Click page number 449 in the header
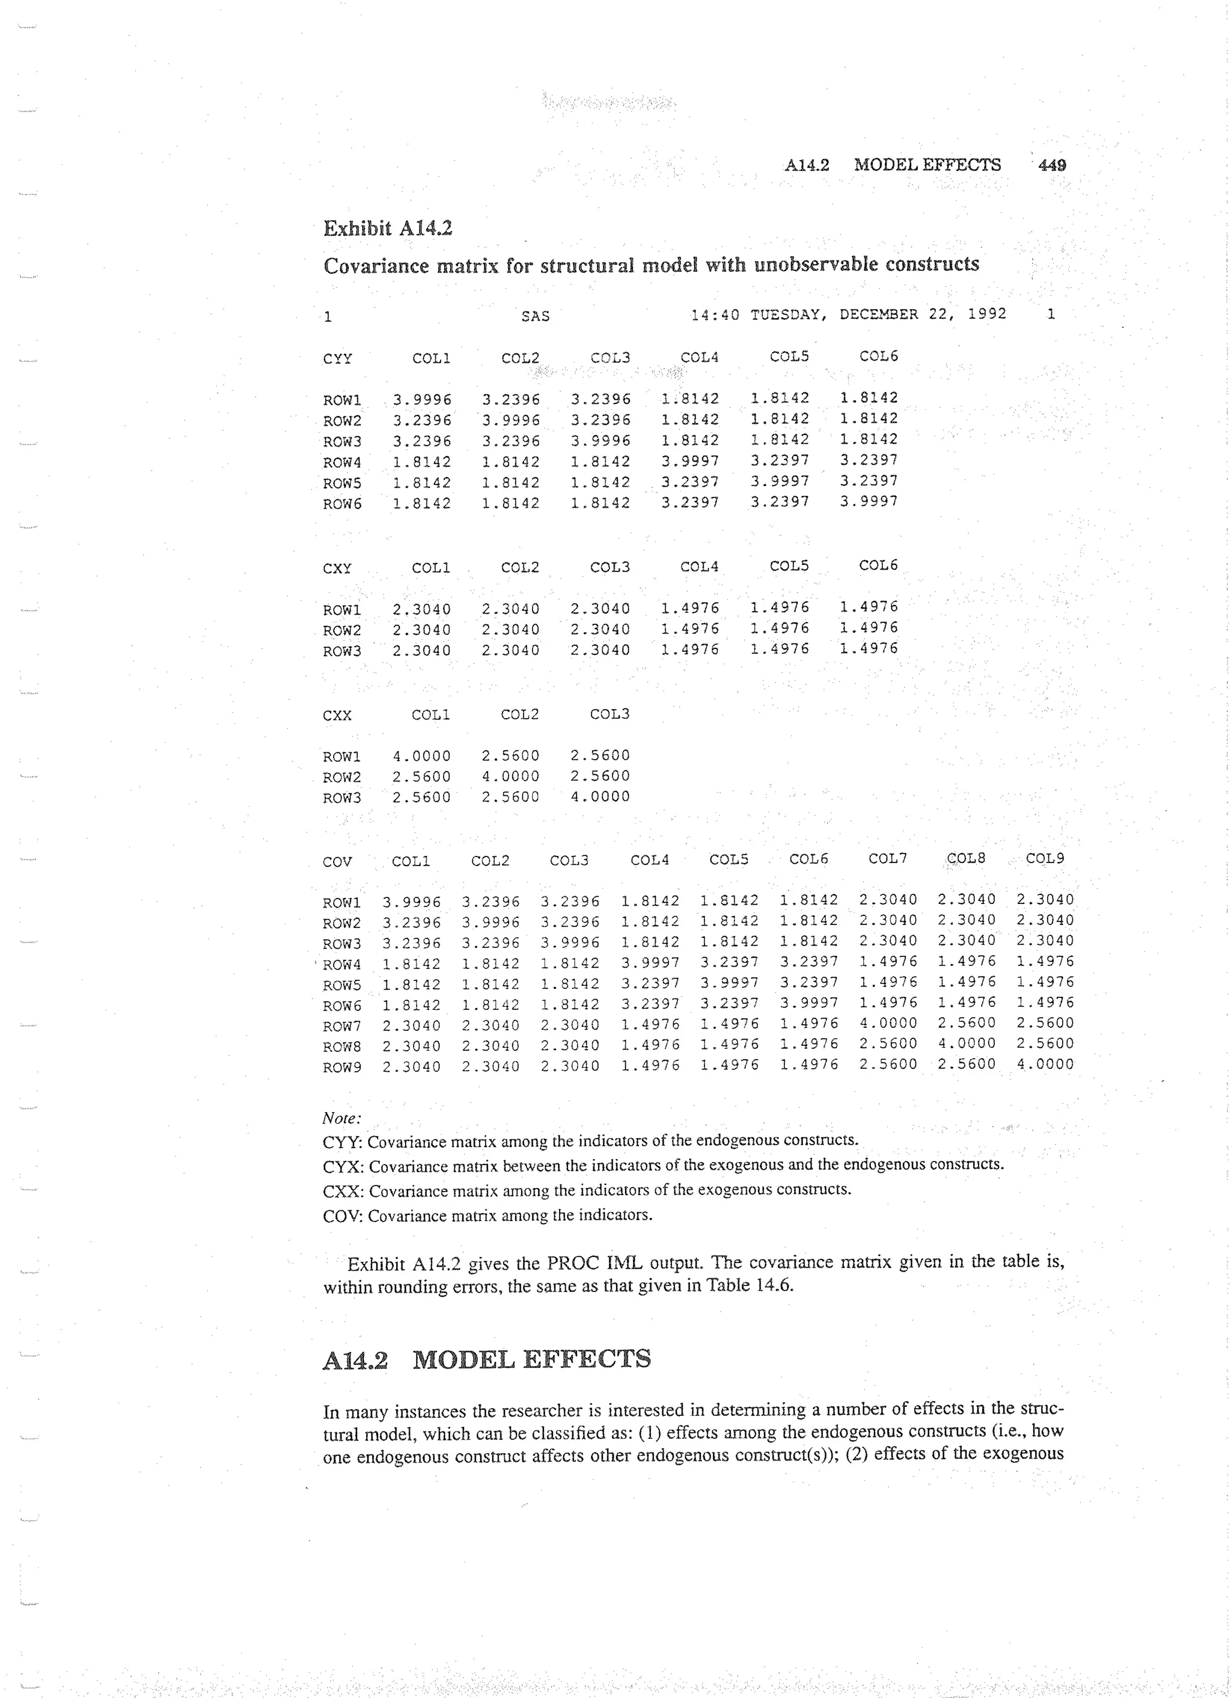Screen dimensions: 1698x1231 (1051, 165)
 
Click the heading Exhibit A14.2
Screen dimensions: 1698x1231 (387, 227)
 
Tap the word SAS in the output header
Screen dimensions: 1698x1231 (535, 316)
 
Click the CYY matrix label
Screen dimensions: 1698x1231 (337, 358)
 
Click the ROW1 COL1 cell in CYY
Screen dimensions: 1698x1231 (422, 400)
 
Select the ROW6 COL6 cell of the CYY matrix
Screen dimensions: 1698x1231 (868, 502)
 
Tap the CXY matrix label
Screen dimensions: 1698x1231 (337, 568)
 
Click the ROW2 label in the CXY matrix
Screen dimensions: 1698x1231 (341, 630)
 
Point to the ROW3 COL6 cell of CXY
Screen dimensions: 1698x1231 (868, 648)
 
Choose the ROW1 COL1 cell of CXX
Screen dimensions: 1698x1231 (422, 756)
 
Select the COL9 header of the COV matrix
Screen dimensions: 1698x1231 (1045, 859)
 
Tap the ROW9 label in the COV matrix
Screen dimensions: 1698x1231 (341, 1068)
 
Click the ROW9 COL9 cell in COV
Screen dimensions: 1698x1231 (1045, 1064)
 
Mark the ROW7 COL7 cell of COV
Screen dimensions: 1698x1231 (888, 1023)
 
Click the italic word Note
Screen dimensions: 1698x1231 (341, 1119)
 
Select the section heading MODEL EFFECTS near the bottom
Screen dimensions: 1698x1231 (531, 1359)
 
